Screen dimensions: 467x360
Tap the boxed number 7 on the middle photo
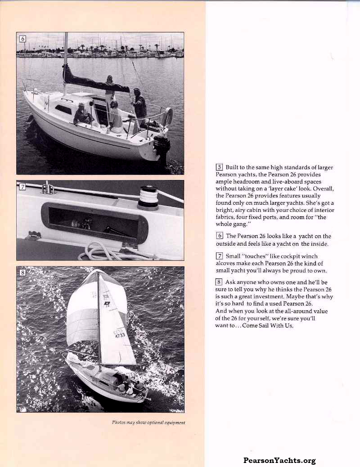click(22, 187)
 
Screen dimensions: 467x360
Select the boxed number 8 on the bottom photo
click(22, 272)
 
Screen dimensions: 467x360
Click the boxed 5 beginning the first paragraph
click(220, 167)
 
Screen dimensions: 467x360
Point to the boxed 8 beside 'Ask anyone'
click(220, 282)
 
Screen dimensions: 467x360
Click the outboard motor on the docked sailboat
click(162, 146)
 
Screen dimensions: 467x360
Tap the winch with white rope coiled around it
click(148, 198)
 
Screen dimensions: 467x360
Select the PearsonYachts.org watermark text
click(279, 460)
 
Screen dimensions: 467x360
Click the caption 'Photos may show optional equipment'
click(148, 422)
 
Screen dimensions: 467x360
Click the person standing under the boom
click(109, 88)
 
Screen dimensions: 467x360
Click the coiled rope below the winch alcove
click(97, 252)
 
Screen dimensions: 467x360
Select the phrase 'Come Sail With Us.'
click(268, 325)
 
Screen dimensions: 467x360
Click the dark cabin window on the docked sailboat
click(63, 109)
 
